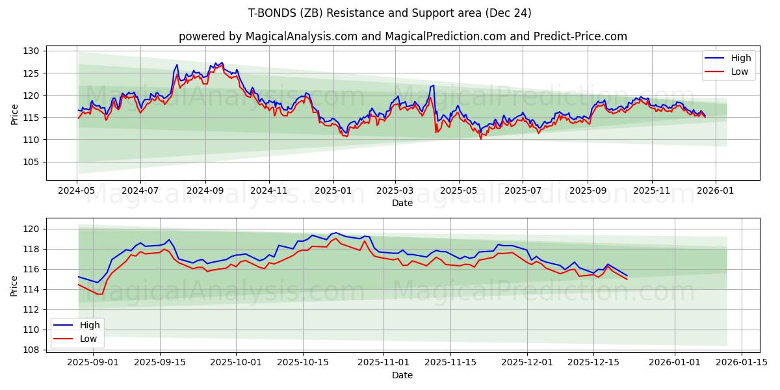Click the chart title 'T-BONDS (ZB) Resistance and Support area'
390,13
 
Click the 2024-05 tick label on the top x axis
77,191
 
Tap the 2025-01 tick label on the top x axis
333,191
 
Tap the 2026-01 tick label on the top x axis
716,191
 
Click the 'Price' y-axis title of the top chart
14,114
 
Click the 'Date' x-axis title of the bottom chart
402,375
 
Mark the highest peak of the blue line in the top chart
222,62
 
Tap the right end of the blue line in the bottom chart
627,276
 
